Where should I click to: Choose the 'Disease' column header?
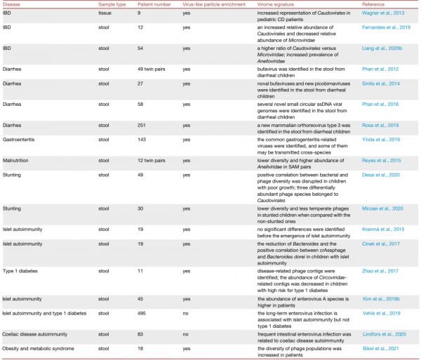(x=13, y=4)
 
